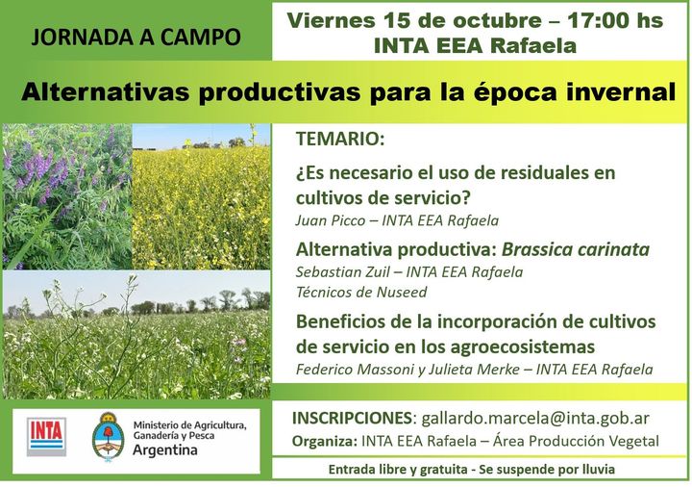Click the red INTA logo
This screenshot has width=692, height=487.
coord(46,437)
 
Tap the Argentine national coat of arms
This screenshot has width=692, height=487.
coord(108,437)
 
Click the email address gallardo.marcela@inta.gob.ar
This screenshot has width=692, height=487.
coord(535,419)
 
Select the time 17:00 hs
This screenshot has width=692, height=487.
coord(615,20)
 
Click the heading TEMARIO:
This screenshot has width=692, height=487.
coord(340,139)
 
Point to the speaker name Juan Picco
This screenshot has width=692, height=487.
coord(331,220)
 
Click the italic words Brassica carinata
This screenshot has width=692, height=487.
coord(576,249)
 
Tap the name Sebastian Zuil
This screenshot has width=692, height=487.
coord(343,272)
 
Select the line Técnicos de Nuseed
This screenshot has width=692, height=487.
coord(361,293)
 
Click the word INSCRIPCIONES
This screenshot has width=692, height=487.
coord(352,418)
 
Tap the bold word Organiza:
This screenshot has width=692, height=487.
coord(325,442)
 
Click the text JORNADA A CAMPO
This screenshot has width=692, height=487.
coord(136,38)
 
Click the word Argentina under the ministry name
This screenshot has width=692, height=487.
coord(165,450)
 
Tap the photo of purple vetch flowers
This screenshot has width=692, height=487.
coord(67,196)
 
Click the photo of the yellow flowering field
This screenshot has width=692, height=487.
coord(201,196)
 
